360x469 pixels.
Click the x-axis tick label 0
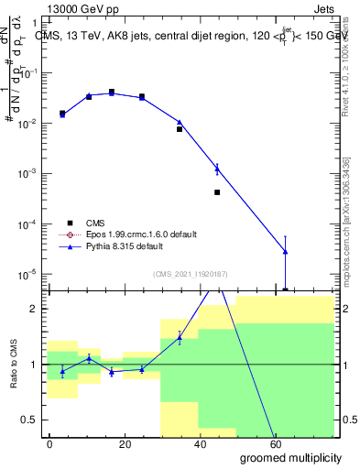49,442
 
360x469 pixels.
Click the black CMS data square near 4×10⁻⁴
217,192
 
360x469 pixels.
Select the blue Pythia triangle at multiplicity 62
286,251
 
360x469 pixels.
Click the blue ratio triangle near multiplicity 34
180,338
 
